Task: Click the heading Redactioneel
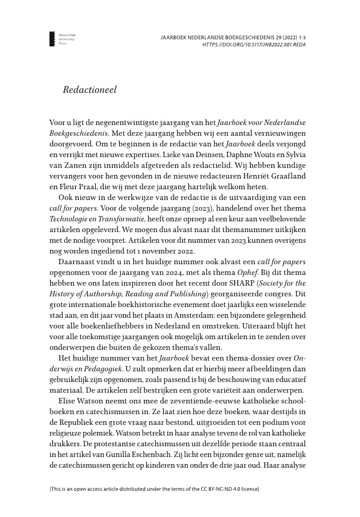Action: pyautogui.click(x=89, y=90)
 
